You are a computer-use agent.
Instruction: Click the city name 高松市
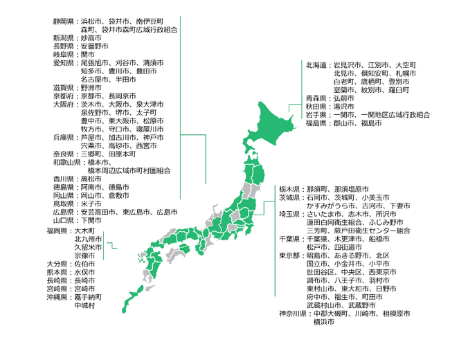pyautogui.click(x=91, y=179)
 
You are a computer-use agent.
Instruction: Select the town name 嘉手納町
pyautogui.click(x=87, y=297)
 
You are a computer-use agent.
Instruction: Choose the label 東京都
pyautogui.click(x=290, y=255)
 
